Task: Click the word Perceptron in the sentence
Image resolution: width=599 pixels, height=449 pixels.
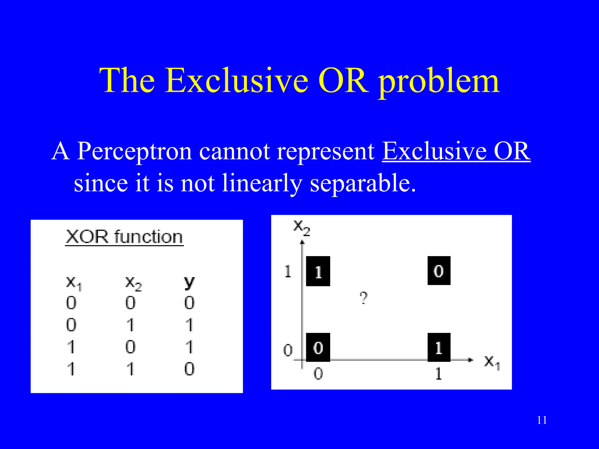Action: [x=135, y=151]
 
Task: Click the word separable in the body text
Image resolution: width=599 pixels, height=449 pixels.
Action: [x=362, y=184]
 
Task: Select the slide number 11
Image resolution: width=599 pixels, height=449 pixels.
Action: [x=542, y=420]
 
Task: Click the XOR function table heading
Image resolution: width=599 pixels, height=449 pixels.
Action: [x=124, y=237]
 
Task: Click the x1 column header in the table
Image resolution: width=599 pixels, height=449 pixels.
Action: [x=73, y=283]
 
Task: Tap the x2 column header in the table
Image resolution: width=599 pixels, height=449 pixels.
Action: [x=133, y=283]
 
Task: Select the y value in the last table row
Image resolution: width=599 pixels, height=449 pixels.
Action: [x=189, y=369]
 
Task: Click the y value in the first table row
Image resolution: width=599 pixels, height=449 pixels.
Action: [x=189, y=303]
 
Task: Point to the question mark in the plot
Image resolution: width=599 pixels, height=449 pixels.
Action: [x=364, y=298]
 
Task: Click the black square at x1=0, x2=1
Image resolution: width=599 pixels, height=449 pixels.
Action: [x=318, y=271]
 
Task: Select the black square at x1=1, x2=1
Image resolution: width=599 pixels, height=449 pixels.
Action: [x=439, y=271]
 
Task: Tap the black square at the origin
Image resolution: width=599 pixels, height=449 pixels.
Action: [x=318, y=347]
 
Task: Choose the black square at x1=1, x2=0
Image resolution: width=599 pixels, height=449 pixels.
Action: [x=439, y=347]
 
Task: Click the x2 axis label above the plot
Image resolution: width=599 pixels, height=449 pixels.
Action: [x=302, y=227]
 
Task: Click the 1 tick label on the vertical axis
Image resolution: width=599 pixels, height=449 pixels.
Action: [x=288, y=271]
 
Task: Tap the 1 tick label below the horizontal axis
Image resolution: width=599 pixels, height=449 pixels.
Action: [x=438, y=374]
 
